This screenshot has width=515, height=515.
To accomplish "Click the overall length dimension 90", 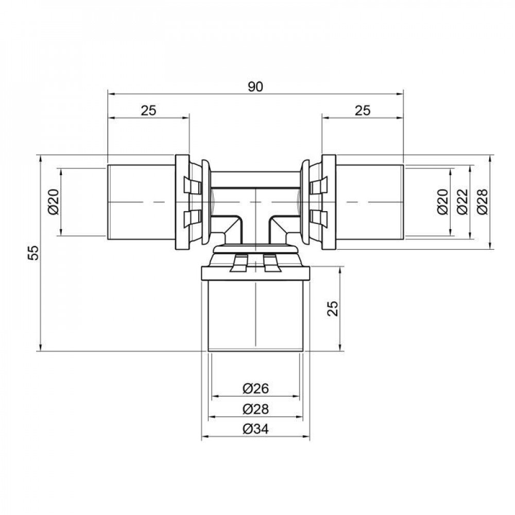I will click(x=255, y=87).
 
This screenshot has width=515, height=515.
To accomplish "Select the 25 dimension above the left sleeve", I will click(x=148, y=110).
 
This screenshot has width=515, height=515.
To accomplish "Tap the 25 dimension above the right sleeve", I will click(x=363, y=110).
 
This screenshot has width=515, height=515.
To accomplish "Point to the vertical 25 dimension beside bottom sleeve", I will click(x=333, y=308).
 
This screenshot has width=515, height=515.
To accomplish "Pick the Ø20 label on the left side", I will click(x=55, y=202).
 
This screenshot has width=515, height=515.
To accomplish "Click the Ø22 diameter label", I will click(x=462, y=202).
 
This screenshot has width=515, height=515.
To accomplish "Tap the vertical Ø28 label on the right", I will click(x=482, y=202).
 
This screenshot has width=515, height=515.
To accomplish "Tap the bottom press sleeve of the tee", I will click(x=255, y=314).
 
